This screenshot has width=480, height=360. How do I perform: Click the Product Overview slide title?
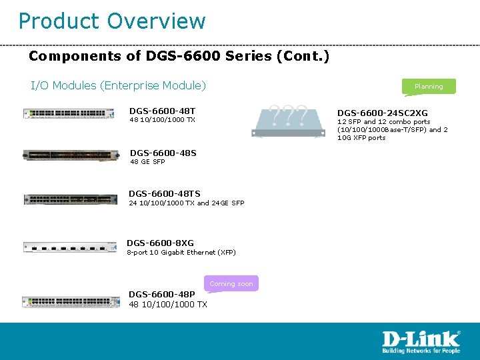coord(112,21)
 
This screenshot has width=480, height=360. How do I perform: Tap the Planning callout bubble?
coord(429,86)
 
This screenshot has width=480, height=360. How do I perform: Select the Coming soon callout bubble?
coord(231,283)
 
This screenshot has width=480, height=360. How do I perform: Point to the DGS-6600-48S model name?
coord(163,153)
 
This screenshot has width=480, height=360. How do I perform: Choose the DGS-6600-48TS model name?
coord(164,194)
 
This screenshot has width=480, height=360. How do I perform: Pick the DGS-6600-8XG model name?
coord(160,243)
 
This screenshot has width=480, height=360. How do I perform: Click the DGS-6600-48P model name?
coord(161,294)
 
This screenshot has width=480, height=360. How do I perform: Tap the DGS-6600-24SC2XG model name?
coord(383,113)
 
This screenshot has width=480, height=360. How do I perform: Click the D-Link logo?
coord(421,338)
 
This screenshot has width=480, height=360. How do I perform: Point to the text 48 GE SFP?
coord(147,162)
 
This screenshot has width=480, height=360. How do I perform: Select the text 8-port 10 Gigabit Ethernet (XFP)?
coord(181,252)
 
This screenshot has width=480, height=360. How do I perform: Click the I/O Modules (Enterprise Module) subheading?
coord(119,85)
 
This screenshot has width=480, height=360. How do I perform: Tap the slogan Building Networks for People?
coord(421,350)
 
